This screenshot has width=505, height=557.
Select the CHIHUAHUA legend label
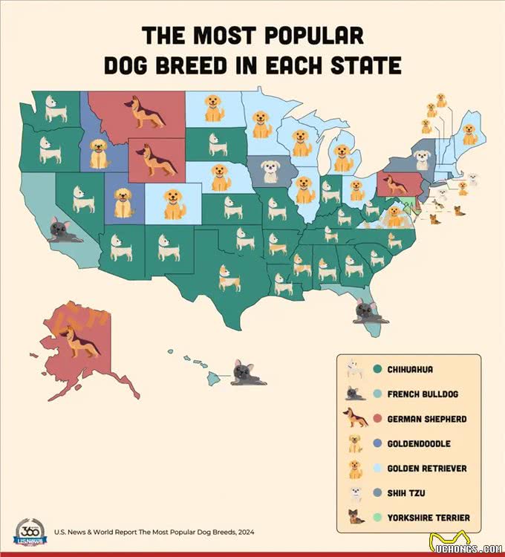[x=410, y=369]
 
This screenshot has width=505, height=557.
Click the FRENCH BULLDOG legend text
[x=424, y=394]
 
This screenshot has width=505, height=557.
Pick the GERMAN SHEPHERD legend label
[x=427, y=419]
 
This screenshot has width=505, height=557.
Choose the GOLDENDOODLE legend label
[x=419, y=443]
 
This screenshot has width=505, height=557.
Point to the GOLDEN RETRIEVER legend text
[x=427, y=469]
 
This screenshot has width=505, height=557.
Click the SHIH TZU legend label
[x=406, y=493]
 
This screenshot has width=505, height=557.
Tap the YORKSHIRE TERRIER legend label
[x=429, y=518]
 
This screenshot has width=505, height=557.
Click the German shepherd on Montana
[x=146, y=112]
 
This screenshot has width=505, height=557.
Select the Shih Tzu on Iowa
[x=270, y=172]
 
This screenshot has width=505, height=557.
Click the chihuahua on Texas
[x=229, y=278]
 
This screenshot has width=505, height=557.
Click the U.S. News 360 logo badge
[x=28, y=532]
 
